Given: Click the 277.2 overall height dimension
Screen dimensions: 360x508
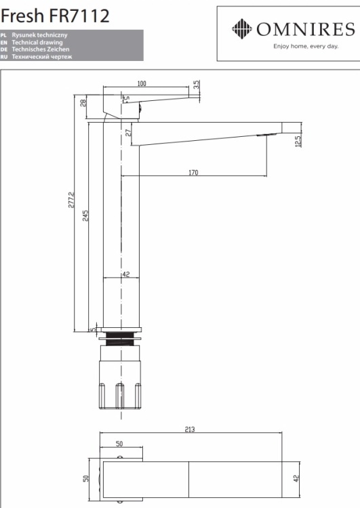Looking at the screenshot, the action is pyautogui.click(x=71, y=200).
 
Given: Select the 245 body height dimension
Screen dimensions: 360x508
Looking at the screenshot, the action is pyautogui.click(x=85, y=216).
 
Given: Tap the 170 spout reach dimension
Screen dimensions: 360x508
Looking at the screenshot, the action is pyautogui.click(x=193, y=172).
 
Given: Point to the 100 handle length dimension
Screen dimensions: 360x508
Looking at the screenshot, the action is pyautogui.click(x=142, y=83).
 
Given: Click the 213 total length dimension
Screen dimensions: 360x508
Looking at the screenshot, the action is pyautogui.click(x=190, y=429).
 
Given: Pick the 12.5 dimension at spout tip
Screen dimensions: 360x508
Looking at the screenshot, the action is pyautogui.click(x=298, y=141).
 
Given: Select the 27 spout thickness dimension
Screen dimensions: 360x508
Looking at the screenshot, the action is pyautogui.click(x=129, y=133).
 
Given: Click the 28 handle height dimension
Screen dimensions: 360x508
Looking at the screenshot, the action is pyautogui.click(x=83, y=103).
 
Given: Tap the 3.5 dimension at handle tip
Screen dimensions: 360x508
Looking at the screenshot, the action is pyautogui.click(x=196, y=85).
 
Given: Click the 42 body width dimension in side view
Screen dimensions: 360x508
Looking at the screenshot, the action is pyautogui.click(x=126, y=274).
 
